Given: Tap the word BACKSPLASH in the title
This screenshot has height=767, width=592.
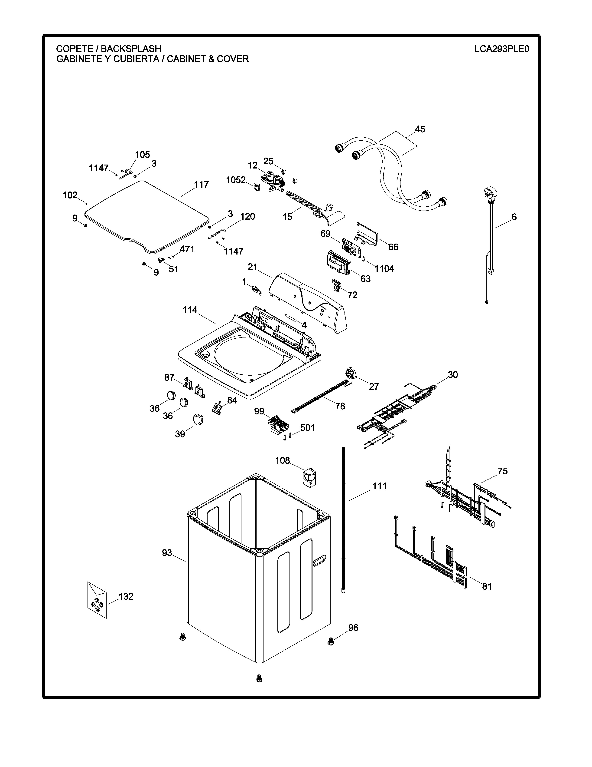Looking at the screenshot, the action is tap(131, 49).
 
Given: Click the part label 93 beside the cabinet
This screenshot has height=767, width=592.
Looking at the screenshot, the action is tap(167, 553).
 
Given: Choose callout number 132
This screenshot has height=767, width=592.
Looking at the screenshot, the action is tap(126, 596).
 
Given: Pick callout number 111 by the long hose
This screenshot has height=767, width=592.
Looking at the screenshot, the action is tap(379, 486).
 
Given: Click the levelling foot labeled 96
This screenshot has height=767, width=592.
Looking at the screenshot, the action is tap(330, 641).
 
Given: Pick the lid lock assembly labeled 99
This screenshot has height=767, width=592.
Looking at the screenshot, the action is tap(278, 424).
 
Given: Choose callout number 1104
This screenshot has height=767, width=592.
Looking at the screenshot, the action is tap(384, 269).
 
